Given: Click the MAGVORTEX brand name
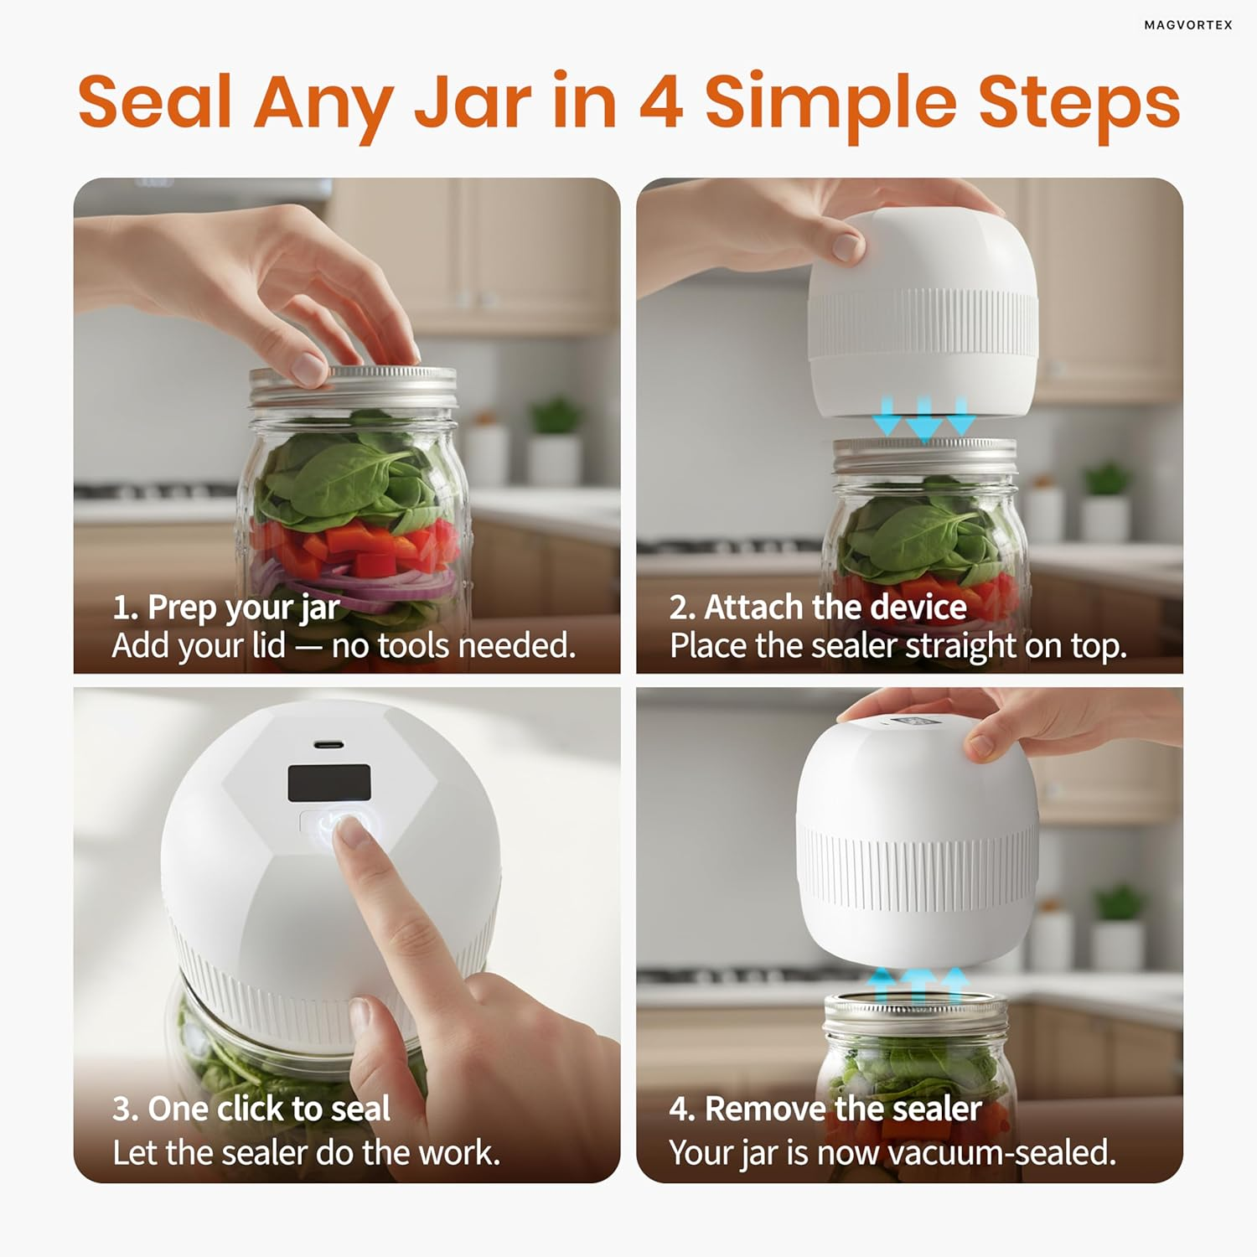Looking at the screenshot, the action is coord(1188,25).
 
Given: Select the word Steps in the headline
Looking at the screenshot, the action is coord(1079,106).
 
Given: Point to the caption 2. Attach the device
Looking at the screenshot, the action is coord(818,607).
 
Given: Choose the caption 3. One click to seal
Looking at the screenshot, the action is coord(251,1109).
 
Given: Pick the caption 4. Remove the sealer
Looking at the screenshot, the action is coord(825,1109).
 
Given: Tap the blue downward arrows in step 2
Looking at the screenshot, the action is coord(924,417).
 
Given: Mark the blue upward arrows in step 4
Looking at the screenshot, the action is coord(919,985).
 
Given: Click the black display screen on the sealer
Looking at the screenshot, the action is coord(329,783).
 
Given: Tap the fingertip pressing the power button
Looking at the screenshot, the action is coord(351,830).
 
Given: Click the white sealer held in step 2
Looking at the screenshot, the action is coord(923,314).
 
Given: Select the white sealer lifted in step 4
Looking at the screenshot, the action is coord(918,842).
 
